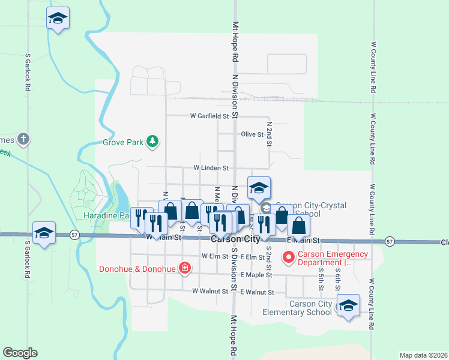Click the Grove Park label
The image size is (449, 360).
click(122, 143)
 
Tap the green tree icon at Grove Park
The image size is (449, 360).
click(154, 142)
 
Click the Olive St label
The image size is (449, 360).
click(252, 135)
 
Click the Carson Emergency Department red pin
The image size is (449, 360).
click(288, 257)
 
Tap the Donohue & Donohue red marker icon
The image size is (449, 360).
click(185, 268)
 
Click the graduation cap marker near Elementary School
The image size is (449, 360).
click(348, 305)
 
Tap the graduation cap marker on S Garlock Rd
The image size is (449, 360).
click(44, 233)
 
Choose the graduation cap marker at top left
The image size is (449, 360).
click(58, 18)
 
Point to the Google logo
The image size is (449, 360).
click(20, 353)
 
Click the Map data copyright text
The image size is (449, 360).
click(424, 355)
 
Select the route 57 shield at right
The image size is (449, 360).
click(390, 241)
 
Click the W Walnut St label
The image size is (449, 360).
click(210, 290)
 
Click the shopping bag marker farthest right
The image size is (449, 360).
click(298, 226)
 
